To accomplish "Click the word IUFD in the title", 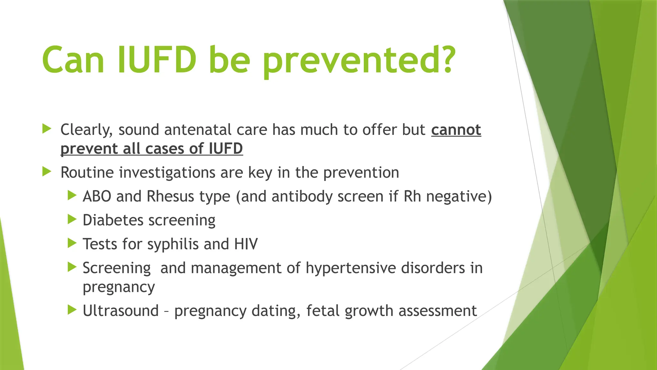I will (x=157, y=60).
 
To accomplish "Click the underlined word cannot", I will (x=456, y=130).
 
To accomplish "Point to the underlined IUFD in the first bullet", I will (x=226, y=149).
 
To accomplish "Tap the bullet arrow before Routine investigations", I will (x=47, y=172).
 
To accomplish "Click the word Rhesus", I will (x=170, y=196).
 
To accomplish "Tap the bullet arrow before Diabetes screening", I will (x=72, y=219).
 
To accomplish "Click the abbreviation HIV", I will (x=246, y=244).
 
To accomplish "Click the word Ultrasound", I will (x=121, y=311).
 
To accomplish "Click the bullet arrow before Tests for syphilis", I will (x=72, y=243).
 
